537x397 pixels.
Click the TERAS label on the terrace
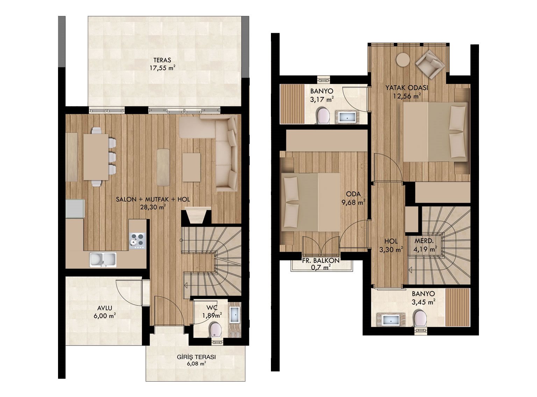click(x=162, y=60)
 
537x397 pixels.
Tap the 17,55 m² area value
click(x=162, y=68)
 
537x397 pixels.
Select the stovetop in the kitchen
click(x=137, y=241)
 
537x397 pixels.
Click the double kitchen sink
click(x=103, y=260)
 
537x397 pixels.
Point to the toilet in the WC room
click(x=215, y=330)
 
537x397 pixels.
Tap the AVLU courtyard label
click(x=104, y=308)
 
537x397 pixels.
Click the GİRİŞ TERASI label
click(x=196, y=357)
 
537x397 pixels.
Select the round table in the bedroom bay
click(x=403, y=59)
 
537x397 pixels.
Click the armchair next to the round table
click(x=430, y=64)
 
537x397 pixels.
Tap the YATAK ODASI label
click(x=407, y=88)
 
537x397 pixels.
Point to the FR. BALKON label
click(x=321, y=260)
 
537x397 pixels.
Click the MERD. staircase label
click(x=424, y=241)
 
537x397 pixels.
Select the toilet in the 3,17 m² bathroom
click(x=323, y=116)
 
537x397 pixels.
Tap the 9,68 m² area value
click(x=353, y=202)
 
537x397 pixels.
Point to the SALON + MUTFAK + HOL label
click(x=153, y=200)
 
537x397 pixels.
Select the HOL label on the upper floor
click(x=391, y=241)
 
